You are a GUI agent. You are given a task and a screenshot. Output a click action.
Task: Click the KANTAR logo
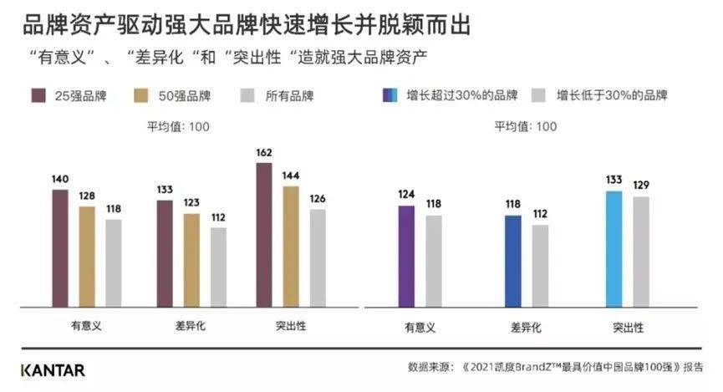click(x=52, y=369)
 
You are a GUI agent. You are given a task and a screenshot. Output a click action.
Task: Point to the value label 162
click(x=263, y=154)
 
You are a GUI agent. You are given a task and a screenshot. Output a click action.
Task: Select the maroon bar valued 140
click(x=60, y=247)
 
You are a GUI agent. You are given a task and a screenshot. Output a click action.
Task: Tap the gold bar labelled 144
click(x=291, y=247)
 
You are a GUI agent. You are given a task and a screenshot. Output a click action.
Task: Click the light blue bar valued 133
click(x=614, y=250)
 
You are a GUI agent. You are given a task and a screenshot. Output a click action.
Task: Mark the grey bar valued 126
click(x=318, y=257)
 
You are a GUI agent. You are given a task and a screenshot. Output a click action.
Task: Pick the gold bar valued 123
click(x=191, y=260)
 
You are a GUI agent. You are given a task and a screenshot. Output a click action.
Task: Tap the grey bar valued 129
click(x=640, y=252)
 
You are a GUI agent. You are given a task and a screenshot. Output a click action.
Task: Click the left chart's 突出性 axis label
click(x=290, y=325)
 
